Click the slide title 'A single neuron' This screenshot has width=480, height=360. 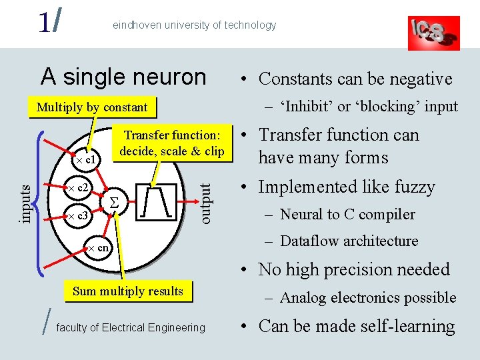point(123,77)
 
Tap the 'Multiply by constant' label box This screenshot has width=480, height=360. point(92,107)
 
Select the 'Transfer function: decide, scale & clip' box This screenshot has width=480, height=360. point(172,143)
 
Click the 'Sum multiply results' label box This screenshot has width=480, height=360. point(127,291)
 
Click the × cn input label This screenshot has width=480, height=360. point(98,249)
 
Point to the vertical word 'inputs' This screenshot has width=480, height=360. point(25,203)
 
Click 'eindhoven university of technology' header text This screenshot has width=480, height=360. point(194,25)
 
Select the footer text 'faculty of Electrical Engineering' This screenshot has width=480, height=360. point(131,327)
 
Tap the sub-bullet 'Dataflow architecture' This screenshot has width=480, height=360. point(349,241)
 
